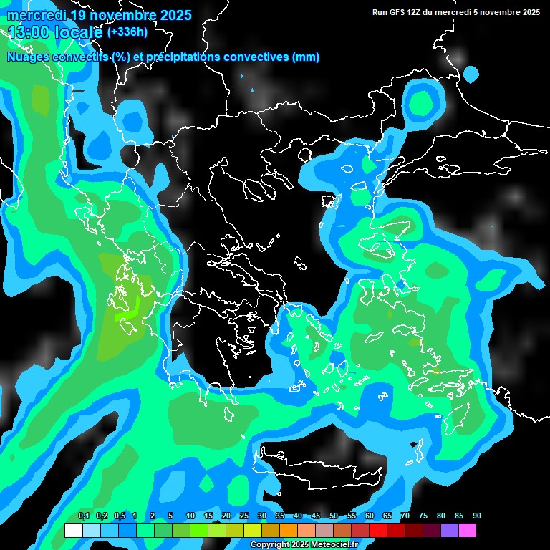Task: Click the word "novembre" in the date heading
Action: coord(115,15)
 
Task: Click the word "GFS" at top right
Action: coord(395,12)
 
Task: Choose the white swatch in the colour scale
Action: coord(73,531)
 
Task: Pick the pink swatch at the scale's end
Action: coord(467,531)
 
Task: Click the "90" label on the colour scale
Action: coord(476,516)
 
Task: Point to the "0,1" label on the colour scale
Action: coord(84,516)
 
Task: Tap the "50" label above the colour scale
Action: coord(334,516)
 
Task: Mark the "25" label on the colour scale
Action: coord(243,516)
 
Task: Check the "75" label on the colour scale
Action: coord(423,516)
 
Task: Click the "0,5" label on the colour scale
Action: coord(120,516)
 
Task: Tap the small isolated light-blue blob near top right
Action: coord(471,73)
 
